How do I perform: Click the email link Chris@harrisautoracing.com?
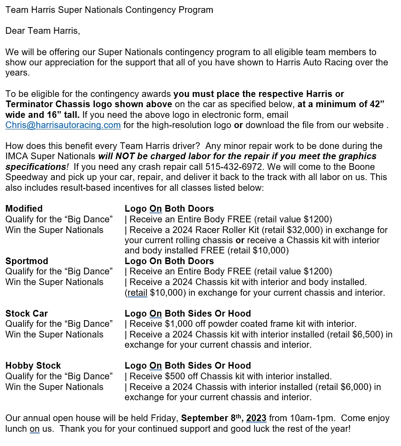63,125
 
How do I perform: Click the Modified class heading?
24,209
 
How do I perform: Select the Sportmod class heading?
27,261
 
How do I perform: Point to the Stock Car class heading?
27,313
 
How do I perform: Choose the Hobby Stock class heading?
33,366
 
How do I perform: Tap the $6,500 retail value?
366,334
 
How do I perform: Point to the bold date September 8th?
211,418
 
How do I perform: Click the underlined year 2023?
256,418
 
